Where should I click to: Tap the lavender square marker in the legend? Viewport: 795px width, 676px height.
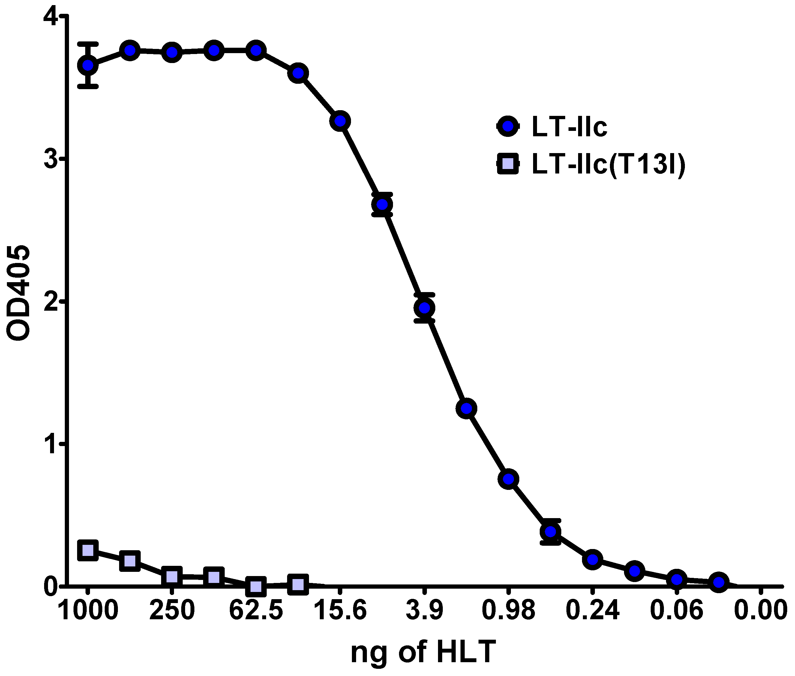508,164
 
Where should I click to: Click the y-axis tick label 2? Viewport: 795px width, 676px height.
50,301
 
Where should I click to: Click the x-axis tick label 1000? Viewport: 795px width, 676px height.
88,610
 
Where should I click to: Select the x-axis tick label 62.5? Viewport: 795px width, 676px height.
256,610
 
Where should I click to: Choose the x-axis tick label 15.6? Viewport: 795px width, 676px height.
340,610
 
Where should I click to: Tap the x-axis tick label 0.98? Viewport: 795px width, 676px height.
508,610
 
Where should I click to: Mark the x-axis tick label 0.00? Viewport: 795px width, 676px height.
760,610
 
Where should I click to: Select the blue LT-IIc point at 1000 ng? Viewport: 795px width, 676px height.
88,65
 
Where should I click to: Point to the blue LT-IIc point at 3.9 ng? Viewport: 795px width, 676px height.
424,308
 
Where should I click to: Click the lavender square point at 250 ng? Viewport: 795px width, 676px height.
172,576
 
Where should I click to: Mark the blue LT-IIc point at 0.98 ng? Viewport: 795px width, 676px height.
508,479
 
